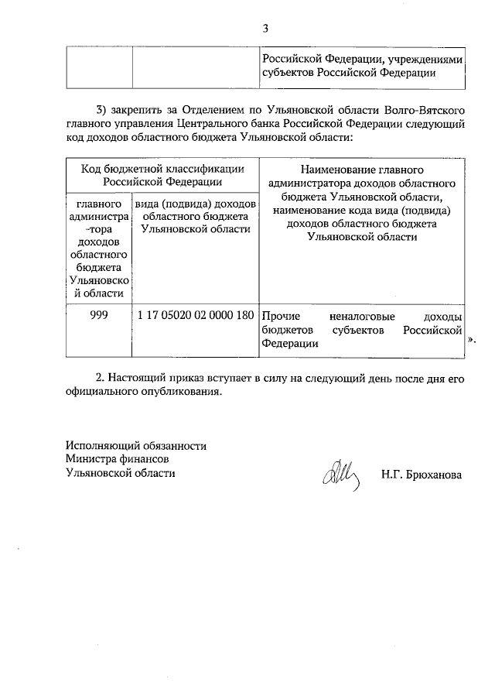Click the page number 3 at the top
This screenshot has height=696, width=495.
point(265,29)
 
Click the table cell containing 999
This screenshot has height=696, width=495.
point(98,316)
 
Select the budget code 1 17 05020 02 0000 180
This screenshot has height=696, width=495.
point(196,316)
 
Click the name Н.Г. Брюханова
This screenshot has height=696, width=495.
point(421,475)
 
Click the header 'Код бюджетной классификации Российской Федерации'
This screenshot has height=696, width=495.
point(162,174)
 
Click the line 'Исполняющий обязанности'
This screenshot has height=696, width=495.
point(136,446)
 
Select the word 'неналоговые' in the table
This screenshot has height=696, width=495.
point(361,317)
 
